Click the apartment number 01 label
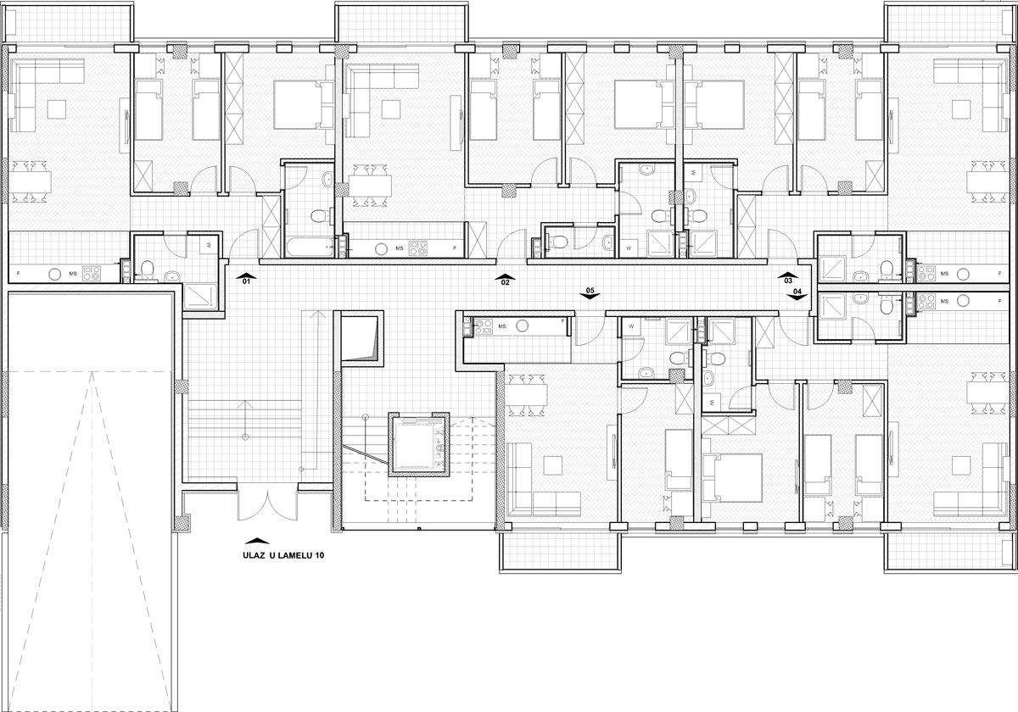pyautogui.click(x=246, y=281)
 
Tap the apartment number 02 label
pyautogui.click(x=506, y=282)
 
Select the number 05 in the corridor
pyautogui.click(x=590, y=290)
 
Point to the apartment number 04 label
pyautogui.click(x=797, y=291)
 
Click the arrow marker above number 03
pyautogui.click(x=788, y=275)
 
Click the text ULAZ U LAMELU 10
pyautogui.click(x=283, y=555)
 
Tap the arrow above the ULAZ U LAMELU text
pyautogui.click(x=257, y=541)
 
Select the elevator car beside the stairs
pyautogui.click(x=418, y=444)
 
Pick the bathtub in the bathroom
pyautogui.click(x=310, y=247)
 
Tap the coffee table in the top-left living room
pyautogui.click(x=57, y=109)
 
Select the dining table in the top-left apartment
pyautogui.click(x=30, y=181)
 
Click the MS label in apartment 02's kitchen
pyautogui.click(x=400, y=248)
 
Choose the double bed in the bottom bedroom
pyautogui.click(x=733, y=477)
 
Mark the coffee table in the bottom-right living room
pyautogui.click(x=961, y=465)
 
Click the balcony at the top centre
pyautogui.click(x=402, y=23)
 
